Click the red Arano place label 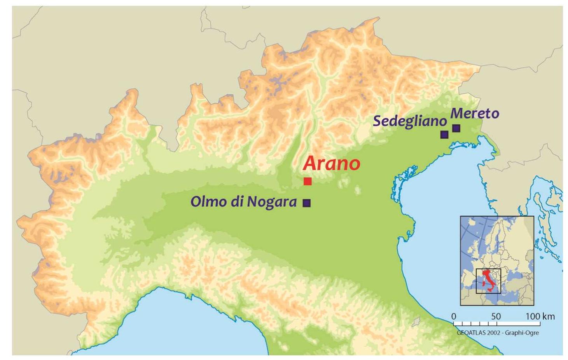pyautogui.click(x=331, y=163)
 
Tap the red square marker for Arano pyautogui.click(x=308, y=181)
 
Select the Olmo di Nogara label pyautogui.click(x=243, y=202)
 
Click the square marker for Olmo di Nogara pyautogui.click(x=307, y=203)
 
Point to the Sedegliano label pyautogui.click(x=409, y=121)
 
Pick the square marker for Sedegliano pyautogui.click(x=444, y=135)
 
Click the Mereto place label pyautogui.click(x=475, y=114)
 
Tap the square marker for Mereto pyautogui.click(x=456, y=128)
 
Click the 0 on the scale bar pyautogui.click(x=454, y=316)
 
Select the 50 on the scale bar pyautogui.click(x=496, y=316)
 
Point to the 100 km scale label pyautogui.click(x=540, y=316)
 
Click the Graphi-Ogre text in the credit pyautogui.click(x=522, y=333)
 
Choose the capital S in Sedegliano pyautogui.click(x=377, y=121)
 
